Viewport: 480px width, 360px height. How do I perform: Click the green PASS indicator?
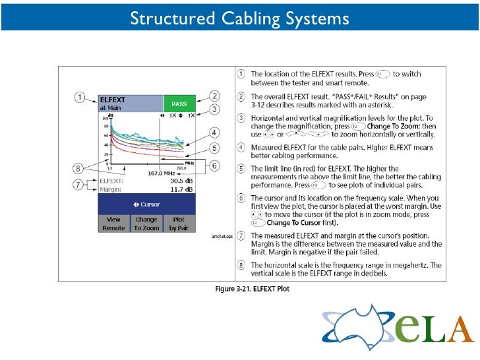coord(179,104)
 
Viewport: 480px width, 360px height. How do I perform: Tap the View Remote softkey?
coord(113,224)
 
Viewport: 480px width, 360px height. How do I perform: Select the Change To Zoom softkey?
coord(146,224)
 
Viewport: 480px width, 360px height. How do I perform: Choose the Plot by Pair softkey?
coord(179,224)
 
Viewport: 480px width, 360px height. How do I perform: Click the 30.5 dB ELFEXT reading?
coord(180,181)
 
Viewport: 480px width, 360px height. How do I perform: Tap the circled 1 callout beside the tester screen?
coord(79,97)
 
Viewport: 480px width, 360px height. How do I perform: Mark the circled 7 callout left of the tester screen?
coord(79,185)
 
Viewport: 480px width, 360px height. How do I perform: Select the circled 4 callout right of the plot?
coord(215,131)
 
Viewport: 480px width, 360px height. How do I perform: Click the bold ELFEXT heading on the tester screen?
coord(112,100)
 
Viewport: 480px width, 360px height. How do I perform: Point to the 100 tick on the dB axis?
coord(104,118)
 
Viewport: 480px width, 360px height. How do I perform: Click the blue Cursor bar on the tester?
coord(146,204)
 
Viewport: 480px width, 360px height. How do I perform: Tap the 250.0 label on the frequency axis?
coord(189,167)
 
